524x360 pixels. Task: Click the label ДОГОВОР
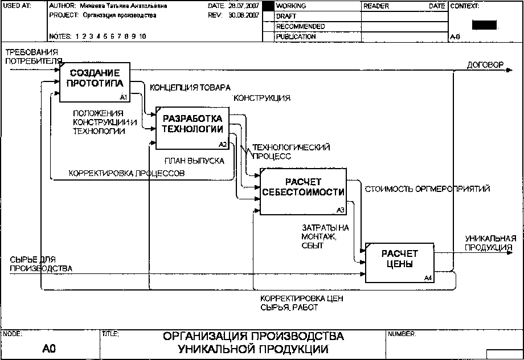pos(485,65)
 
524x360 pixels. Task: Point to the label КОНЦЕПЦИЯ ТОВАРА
pos(190,88)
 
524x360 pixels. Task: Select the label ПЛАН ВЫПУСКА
pos(194,161)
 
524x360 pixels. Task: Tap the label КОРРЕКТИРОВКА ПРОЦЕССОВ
pos(126,173)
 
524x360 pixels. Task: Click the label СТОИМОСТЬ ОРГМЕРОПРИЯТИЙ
pos(427,189)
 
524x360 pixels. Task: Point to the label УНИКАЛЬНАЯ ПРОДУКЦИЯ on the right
pos(490,243)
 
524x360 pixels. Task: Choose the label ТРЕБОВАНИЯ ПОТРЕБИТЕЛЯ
pos(34,56)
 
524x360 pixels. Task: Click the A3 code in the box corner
pos(341,210)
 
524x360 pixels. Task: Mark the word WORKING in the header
pos(291,6)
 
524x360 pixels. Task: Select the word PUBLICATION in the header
pos(296,36)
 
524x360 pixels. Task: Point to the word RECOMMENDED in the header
pos(300,27)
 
